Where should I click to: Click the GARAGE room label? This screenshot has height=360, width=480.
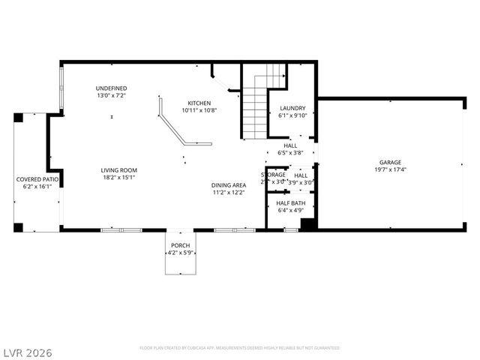point(390,162)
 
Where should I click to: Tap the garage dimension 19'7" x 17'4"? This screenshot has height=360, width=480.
point(390,169)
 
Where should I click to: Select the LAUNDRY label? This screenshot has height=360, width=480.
point(292,108)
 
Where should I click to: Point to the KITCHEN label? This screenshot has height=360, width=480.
point(199,103)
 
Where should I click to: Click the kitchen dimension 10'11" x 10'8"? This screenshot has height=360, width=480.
point(199,110)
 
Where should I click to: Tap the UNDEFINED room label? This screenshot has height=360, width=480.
point(112,88)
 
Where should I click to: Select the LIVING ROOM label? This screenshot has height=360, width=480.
point(119,170)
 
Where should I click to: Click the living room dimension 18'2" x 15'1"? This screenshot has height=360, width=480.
point(119,178)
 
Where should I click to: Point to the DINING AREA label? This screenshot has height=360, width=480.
point(229,185)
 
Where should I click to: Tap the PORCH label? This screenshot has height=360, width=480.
point(180,245)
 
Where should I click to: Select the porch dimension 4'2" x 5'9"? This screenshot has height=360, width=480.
point(180,253)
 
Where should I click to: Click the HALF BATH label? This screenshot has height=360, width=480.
point(290,203)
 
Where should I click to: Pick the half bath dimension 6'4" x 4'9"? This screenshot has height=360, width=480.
point(290,211)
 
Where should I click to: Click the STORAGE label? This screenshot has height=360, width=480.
point(273,175)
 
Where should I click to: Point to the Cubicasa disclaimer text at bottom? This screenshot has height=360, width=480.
point(240,348)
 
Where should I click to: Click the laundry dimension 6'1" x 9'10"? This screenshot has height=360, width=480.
point(292,115)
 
